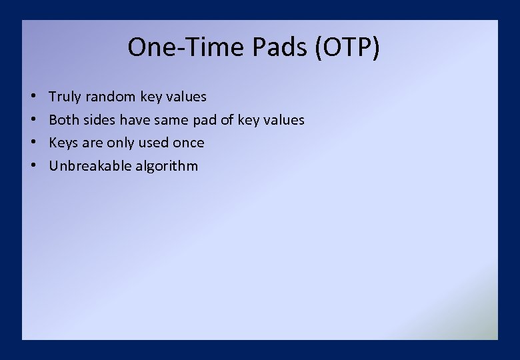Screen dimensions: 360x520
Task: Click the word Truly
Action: coord(65,97)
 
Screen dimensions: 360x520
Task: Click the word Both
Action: coord(64,120)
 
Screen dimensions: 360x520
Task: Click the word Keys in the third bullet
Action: coord(63,143)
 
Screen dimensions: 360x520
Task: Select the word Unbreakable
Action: coord(90,165)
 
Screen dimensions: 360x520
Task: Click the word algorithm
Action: coord(167,166)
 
